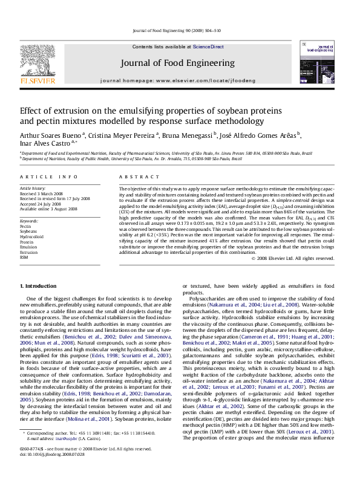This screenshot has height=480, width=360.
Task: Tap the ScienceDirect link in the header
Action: [209, 47]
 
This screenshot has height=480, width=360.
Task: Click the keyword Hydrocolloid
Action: [31, 237]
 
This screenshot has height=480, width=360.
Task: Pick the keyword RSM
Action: [25, 258]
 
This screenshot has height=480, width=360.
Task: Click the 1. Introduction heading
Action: [39, 285]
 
